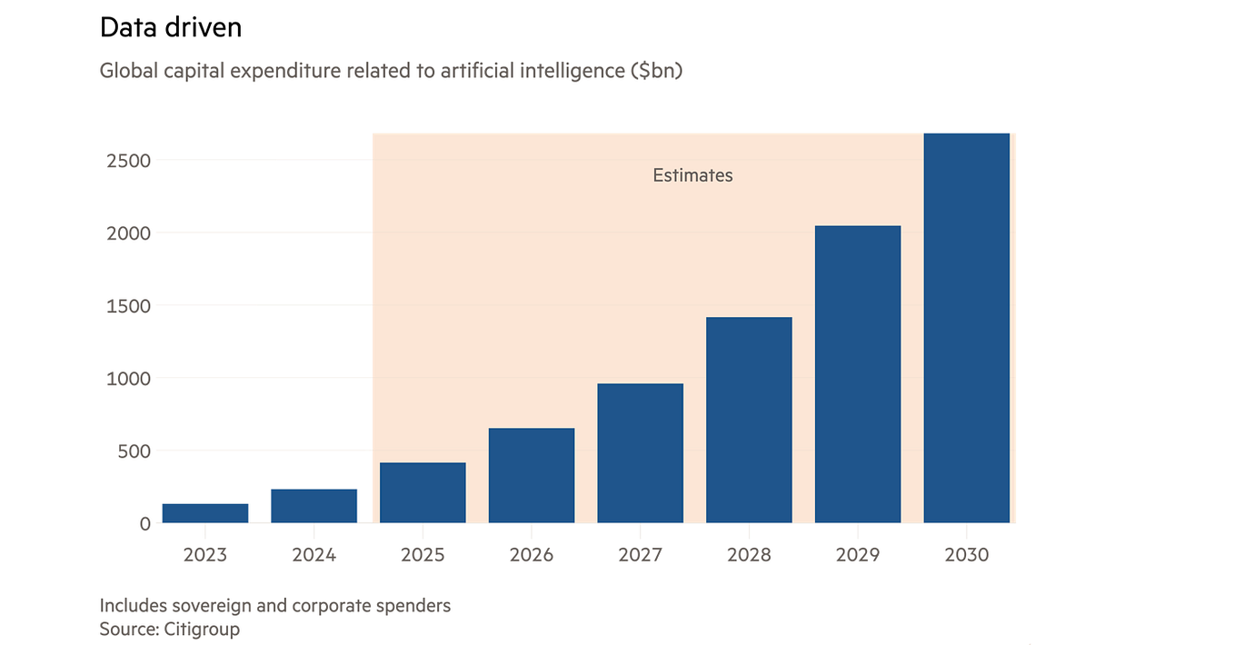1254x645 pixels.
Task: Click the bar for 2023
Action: coord(205,513)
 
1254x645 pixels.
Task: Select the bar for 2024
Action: coord(313,506)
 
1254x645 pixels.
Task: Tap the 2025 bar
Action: coord(423,492)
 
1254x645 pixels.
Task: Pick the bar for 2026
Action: coord(532,475)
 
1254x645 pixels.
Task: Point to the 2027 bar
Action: coord(640,453)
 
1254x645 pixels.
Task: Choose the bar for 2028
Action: coord(749,420)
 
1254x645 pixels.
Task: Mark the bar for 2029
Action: coord(858,374)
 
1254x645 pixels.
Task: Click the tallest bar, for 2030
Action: coord(966,328)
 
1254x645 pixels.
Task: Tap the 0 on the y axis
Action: coord(144,523)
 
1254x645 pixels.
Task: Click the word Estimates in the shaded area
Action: coord(692,175)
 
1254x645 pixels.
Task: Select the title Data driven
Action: coord(171,28)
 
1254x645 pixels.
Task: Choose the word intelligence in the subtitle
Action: coord(570,70)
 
